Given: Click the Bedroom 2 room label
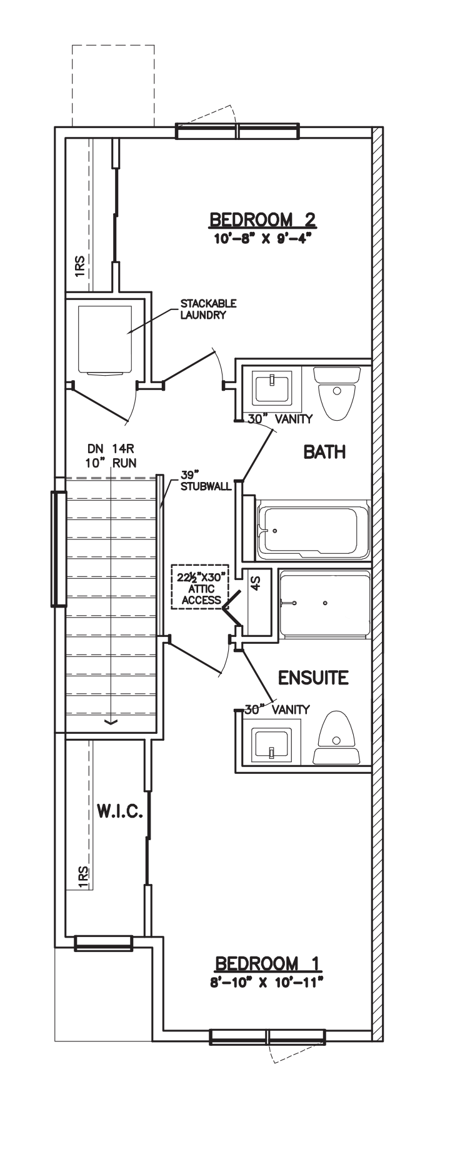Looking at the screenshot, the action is pos(262,219).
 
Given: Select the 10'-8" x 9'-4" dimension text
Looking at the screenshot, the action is pos(263,238).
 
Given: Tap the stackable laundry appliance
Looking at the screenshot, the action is pos(105,340).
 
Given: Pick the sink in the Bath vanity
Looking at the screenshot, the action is pos(272,388).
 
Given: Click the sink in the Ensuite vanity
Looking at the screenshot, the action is pos(272,744).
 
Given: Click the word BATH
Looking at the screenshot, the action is pos(324,452).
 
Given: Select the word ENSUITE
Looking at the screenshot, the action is pos(313,678).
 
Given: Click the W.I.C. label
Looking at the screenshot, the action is pos(121,813).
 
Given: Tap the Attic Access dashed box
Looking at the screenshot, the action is pos(201,587).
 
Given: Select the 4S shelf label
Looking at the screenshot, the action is pos(255,583).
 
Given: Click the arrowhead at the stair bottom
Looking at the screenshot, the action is pos(111,723).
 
